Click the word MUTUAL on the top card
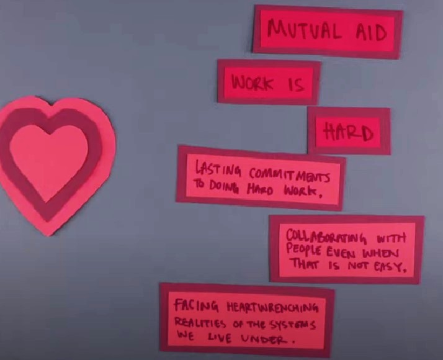pos(302,29)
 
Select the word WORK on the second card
pos(252,83)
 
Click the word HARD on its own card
pos(349,132)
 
